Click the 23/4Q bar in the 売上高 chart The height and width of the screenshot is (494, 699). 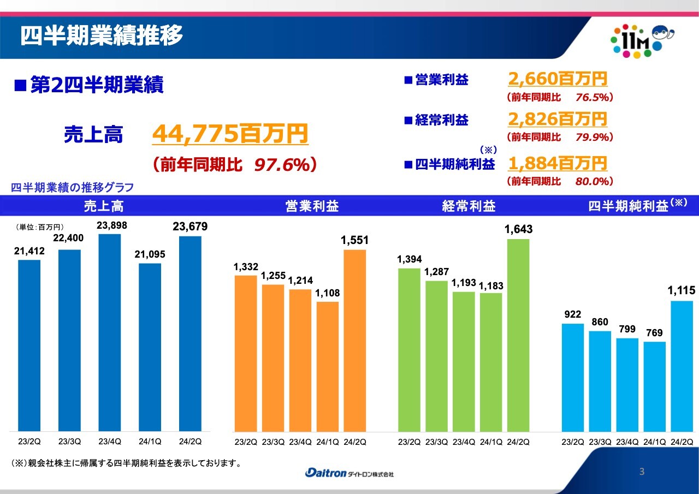(x=109, y=332)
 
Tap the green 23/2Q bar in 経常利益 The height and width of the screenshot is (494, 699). (x=409, y=350)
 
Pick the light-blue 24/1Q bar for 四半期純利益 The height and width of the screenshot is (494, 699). (x=655, y=387)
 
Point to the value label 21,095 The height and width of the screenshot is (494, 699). (x=150, y=254)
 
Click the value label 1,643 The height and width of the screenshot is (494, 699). (x=518, y=230)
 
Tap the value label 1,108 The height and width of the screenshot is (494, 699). (x=327, y=293)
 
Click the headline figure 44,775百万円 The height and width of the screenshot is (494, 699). (x=230, y=134)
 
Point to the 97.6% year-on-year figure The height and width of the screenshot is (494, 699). (x=282, y=165)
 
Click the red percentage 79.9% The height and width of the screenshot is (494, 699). (x=592, y=137)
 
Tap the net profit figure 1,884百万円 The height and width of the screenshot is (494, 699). (x=557, y=163)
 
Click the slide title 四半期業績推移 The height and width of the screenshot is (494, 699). (x=102, y=36)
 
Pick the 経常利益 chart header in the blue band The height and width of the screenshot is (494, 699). (x=469, y=206)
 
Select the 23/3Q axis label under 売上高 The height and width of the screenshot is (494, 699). (x=69, y=441)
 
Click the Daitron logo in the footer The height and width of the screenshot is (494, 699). (x=349, y=473)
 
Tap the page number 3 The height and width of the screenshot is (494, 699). (x=642, y=472)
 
